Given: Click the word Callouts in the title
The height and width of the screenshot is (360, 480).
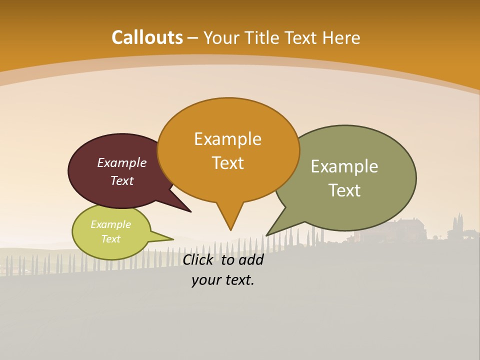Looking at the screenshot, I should pyautogui.click(x=147, y=37).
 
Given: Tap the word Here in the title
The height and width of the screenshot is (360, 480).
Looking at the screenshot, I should pyautogui.click(x=341, y=38).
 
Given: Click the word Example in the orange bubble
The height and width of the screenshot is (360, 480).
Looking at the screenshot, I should pyautogui.click(x=227, y=139).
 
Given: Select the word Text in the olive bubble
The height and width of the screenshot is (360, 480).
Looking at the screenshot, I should pyautogui.click(x=344, y=190).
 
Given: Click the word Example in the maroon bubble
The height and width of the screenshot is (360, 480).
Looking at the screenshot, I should pyautogui.click(x=121, y=163).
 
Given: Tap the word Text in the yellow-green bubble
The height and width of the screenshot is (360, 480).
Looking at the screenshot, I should pyautogui.click(x=110, y=239).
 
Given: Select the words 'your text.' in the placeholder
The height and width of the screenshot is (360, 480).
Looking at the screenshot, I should pyautogui.click(x=222, y=280).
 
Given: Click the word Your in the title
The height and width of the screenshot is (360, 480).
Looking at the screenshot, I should pyautogui.click(x=222, y=38).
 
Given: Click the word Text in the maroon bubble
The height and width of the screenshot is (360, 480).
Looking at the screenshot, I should pyautogui.click(x=121, y=180).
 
